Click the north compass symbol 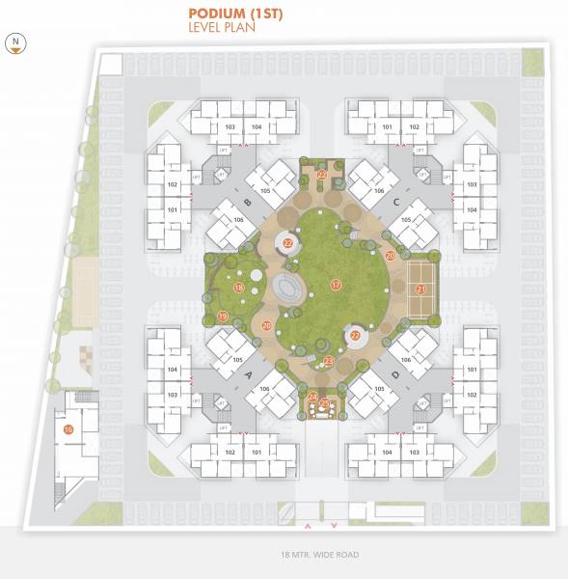coord(15,42)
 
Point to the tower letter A coord(248,373)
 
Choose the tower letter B coord(248,203)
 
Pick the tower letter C coord(396,201)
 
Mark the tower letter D coord(396,373)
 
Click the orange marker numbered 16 coord(68,429)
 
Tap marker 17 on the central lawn coord(336,285)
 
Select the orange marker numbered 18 coord(238,287)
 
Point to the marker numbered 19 coord(223,317)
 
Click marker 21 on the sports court coord(420,288)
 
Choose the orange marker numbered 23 coord(329,361)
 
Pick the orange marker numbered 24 coord(312,397)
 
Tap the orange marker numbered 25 coord(325,403)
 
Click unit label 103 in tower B coord(230,126)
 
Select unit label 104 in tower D coord(386,452)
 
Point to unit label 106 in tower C coord(379,191)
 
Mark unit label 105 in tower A coord(236,360)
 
